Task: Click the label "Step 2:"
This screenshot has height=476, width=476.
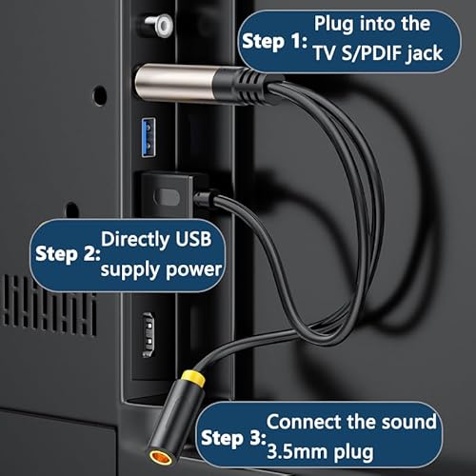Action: tap(67, 255)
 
